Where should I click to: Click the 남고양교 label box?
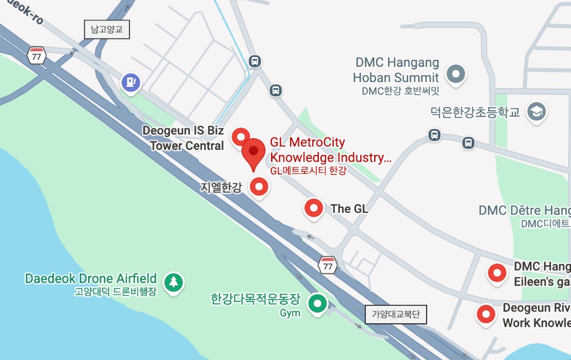point(107,30)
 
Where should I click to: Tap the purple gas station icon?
point(130,82)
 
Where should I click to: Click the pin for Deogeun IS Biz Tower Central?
point(241,135)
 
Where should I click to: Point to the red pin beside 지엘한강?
point(258,187)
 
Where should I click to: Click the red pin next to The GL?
point(313,208)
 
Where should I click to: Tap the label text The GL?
point(349,209)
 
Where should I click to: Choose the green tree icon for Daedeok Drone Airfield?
point(175,281)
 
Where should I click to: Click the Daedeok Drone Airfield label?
point(91,279)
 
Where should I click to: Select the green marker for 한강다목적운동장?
point(318,304)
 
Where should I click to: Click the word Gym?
point(290,313)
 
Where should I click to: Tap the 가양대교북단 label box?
point(396,314)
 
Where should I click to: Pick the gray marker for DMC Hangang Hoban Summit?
point(457,73)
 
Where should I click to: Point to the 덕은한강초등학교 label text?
point(475,113)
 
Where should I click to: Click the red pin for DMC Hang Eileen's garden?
point(496,273)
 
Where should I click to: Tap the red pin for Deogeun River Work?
point(486,314)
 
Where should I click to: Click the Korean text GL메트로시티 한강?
point(308,171)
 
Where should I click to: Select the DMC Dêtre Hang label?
point(524,211)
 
